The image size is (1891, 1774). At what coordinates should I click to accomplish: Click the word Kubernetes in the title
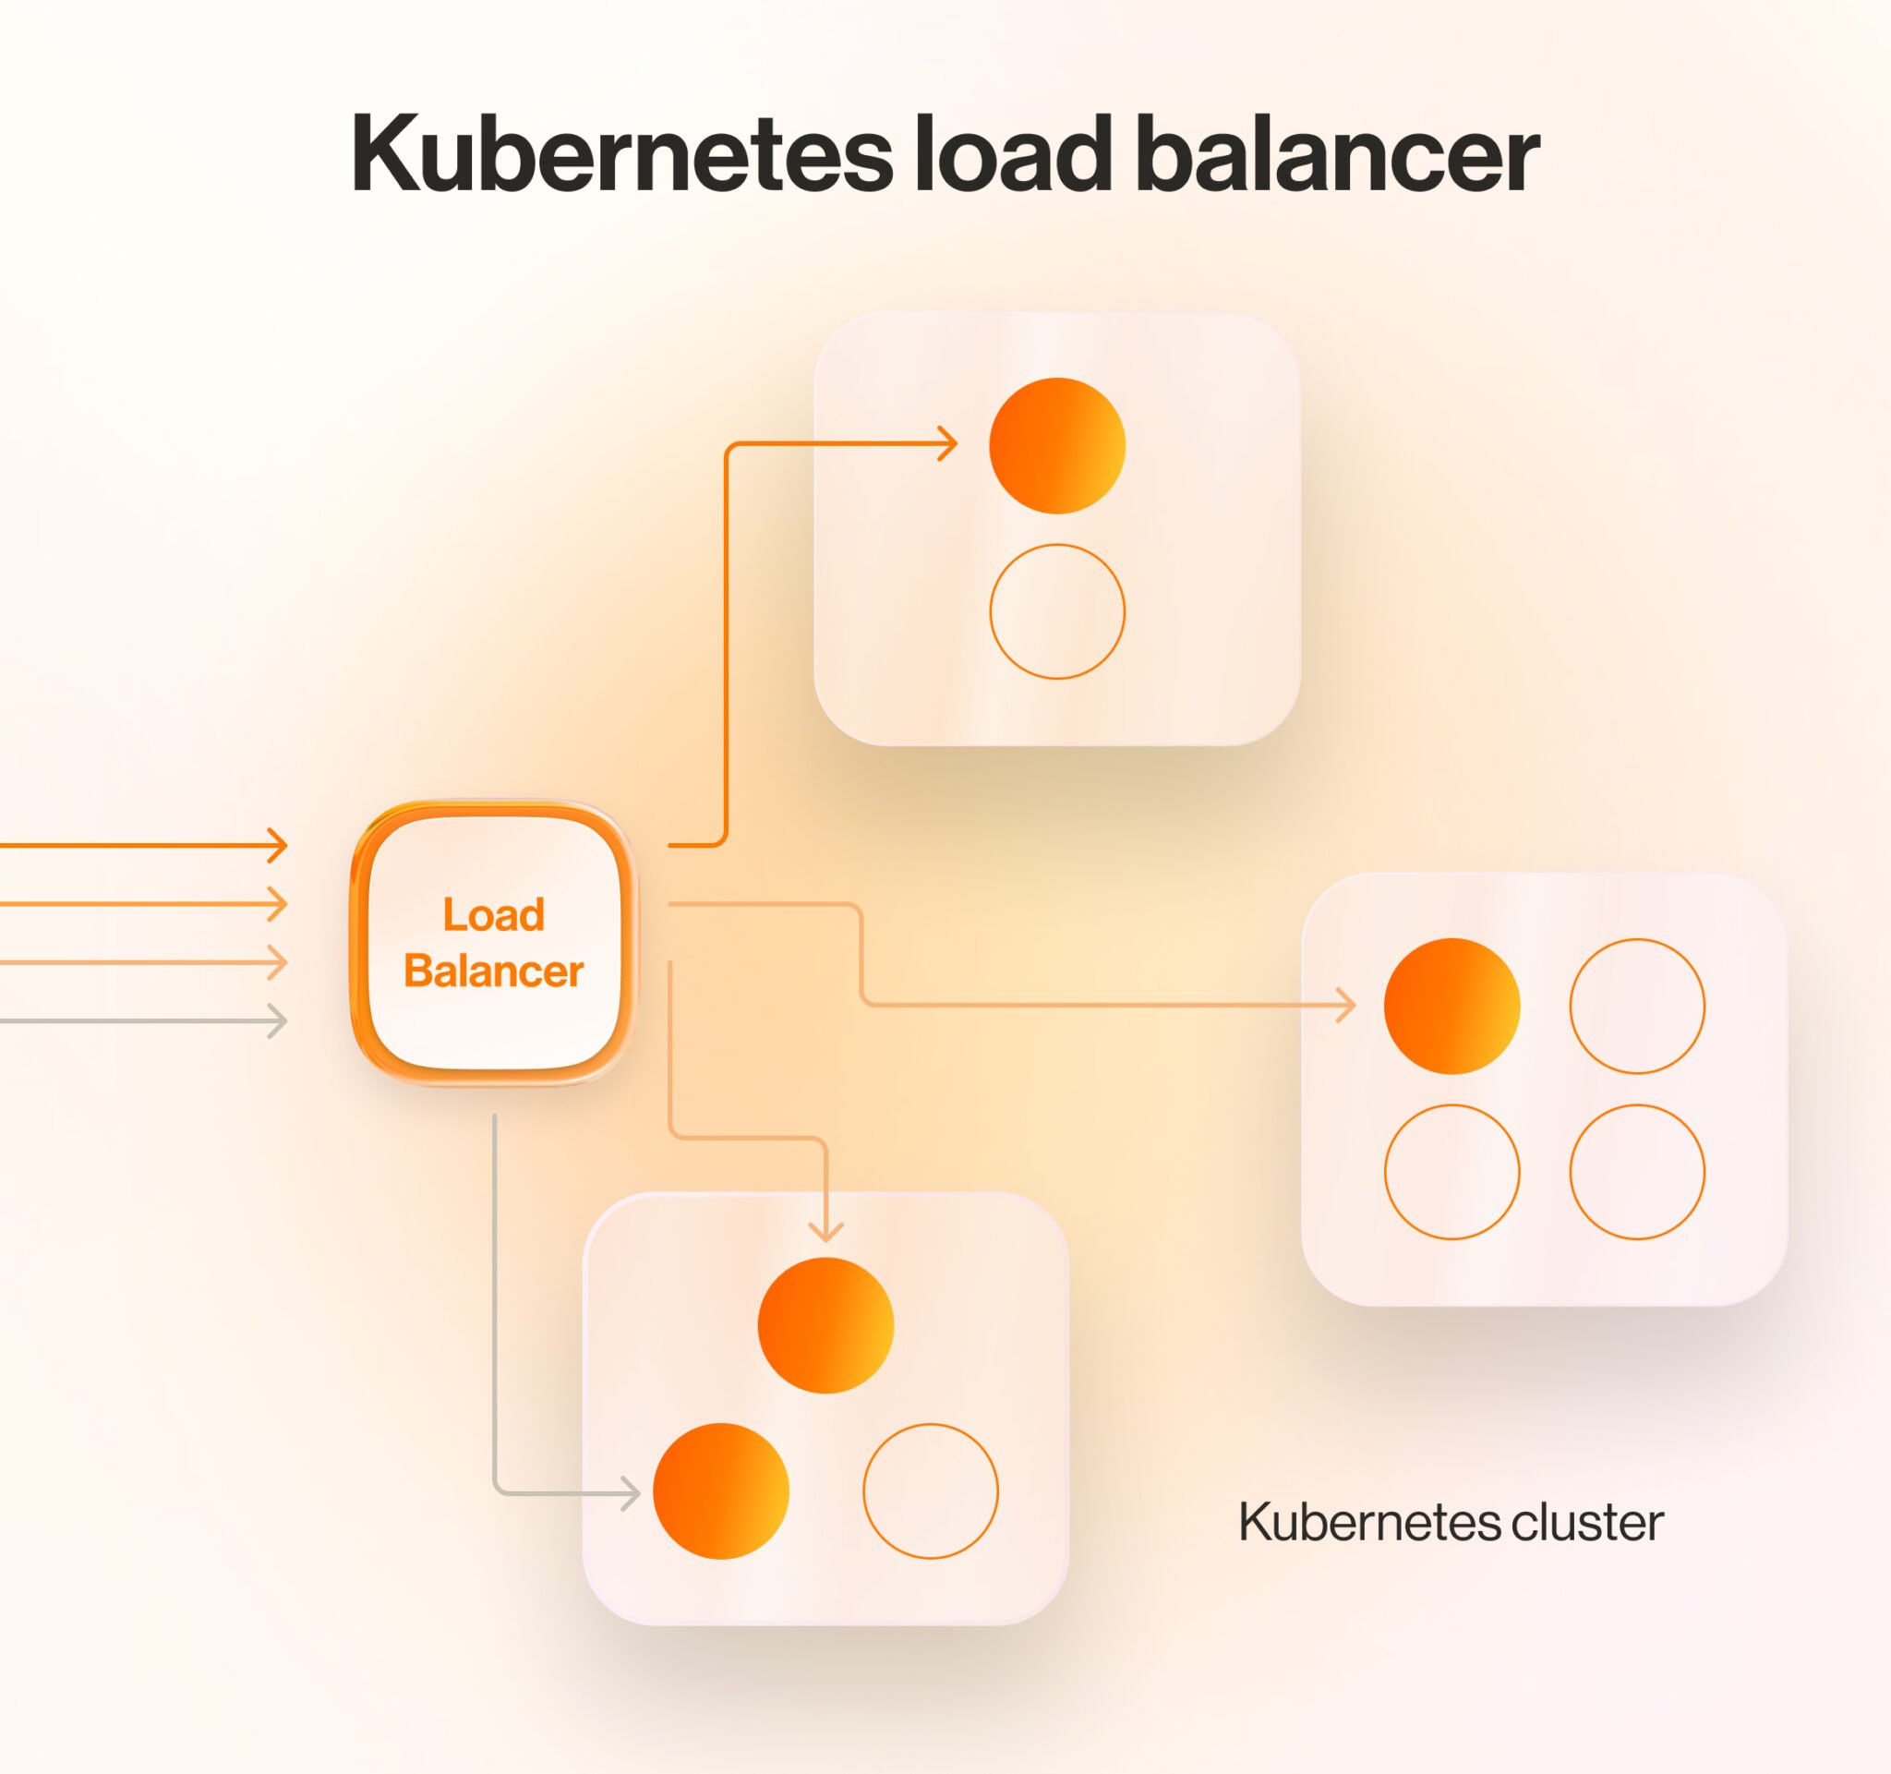(x=621, y=155)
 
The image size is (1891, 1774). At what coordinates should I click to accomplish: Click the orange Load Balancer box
(x=494, y=943)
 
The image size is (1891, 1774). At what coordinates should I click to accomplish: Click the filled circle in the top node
(x=1057, y=446)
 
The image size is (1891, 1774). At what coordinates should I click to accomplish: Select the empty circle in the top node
(x=1057, y=611)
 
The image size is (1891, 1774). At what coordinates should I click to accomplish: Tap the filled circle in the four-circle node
(x=1451, y=1007)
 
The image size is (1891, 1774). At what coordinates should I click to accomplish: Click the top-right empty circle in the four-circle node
(x=1637, y=1007)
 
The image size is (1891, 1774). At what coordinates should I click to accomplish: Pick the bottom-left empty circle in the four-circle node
(x=1451, y=1172)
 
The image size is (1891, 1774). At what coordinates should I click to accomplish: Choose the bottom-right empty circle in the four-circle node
(x=1637, y=1172)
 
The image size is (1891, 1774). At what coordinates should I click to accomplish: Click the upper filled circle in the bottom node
(x=825, y=1326)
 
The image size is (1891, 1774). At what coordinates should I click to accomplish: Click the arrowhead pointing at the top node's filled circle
(x=949, y=444)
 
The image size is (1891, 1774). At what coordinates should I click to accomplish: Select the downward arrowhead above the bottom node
(x=825, y=1233)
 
